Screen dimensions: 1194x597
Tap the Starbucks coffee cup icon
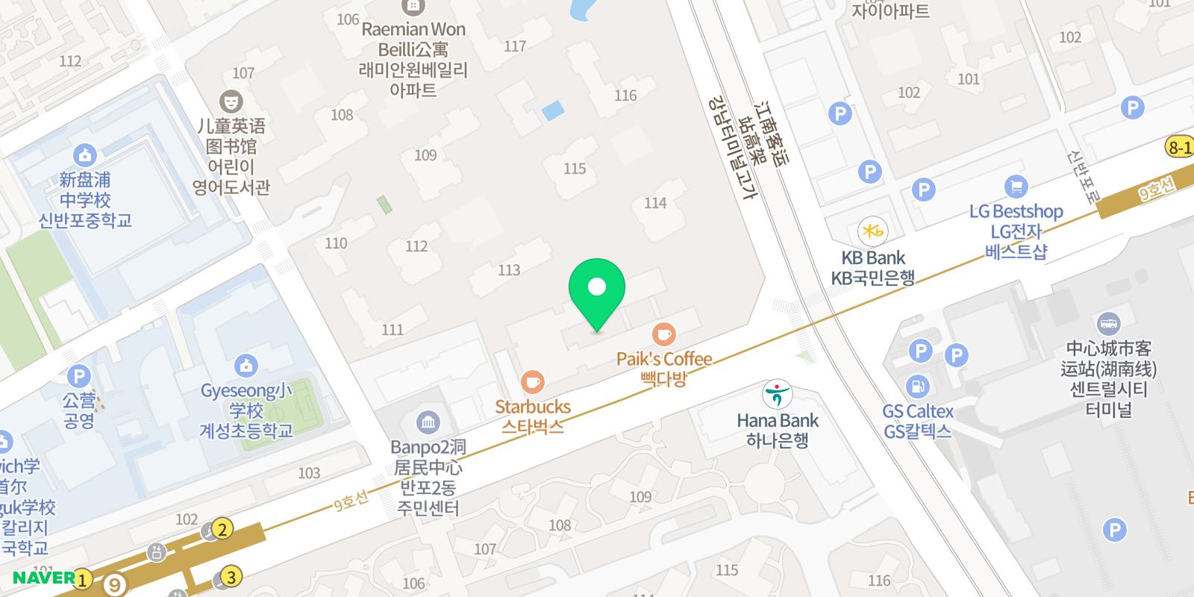point(531,382)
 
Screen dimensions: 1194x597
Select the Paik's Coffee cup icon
point(663,334)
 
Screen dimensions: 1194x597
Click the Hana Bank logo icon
point(777,393)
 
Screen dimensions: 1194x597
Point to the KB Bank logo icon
point(872,231)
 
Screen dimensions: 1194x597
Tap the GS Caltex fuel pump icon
point(916,387)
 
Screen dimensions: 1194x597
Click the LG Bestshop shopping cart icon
point(1016,186)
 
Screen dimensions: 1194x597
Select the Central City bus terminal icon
point(1109,324)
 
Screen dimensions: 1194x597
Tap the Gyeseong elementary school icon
point(246,366)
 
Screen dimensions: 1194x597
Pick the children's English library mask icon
point(231,100)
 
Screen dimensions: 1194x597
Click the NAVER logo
point(43,578)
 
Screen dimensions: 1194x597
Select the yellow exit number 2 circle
point(222,529)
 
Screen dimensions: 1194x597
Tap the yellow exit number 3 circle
point(231,577)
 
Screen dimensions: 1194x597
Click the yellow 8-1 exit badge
point(1180,148)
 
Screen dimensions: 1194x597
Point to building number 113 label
point(509,269)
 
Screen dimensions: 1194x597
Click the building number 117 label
point(515,46)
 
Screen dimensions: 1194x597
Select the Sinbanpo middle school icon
point(85,155)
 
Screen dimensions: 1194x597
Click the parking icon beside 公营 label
point(78,376)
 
